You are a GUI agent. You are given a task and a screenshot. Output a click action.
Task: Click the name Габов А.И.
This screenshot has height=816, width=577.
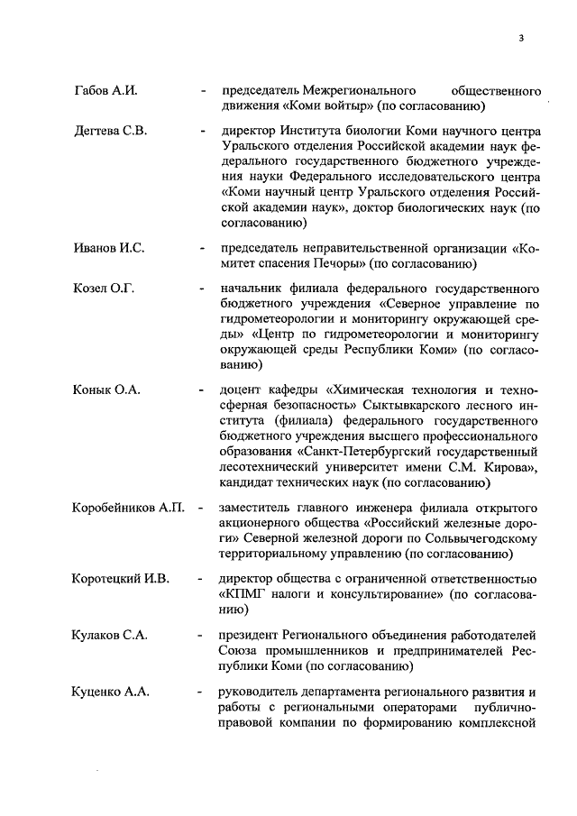pos(104,92)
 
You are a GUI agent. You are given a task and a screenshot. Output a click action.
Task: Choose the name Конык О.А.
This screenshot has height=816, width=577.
pos(105,390)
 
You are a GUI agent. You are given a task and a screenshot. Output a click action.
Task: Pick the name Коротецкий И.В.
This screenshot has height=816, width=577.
pos(121,578)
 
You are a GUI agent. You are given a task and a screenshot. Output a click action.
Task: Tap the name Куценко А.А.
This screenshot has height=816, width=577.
pos(111,692)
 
